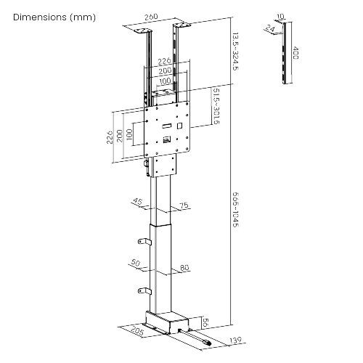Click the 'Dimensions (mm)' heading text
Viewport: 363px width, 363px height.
[x=54, y=17]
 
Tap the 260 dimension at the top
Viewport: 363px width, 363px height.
[x=151, y=17]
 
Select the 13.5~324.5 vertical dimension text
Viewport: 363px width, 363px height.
[x=235, y=52]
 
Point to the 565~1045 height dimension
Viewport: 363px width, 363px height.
[x=235, y=210]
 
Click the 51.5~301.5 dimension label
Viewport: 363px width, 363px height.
[x=216, y=106]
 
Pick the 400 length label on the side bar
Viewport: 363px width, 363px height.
[x=295, y=52]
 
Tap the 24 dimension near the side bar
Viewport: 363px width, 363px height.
[x=270, y=28]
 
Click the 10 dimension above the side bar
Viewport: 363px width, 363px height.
[x=280, y=17]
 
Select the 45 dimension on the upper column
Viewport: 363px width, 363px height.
[x=138, y=202]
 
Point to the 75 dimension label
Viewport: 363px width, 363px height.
[x=184, y=205]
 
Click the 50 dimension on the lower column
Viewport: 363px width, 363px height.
[x=136, y=263]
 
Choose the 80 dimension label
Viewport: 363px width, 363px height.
[x=184, y=268]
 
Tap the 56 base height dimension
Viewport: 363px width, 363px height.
[x=205, y=322]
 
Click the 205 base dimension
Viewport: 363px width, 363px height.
[x=137, y=330]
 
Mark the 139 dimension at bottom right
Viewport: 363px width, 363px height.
[x=235, y=340]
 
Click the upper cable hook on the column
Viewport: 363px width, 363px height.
[x=144, y=242]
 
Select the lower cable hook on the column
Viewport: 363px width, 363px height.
[x=144, y=291]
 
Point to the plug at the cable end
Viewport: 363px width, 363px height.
[x=207, y=343]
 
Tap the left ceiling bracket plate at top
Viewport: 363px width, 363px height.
[x=143, y=32]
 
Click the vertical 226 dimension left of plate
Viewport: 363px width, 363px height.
[x=110, y=137]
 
